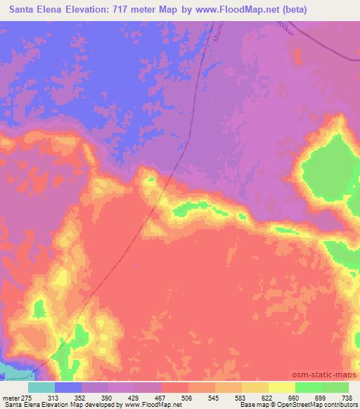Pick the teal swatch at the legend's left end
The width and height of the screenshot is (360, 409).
click(41, 387)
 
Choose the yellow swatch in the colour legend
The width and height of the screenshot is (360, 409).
click(281, 387)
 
